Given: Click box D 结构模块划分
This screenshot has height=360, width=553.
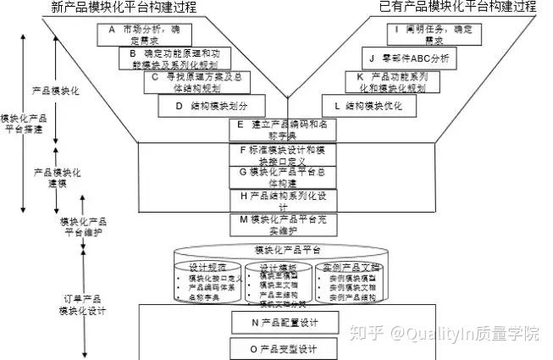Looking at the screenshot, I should [205, 106].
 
